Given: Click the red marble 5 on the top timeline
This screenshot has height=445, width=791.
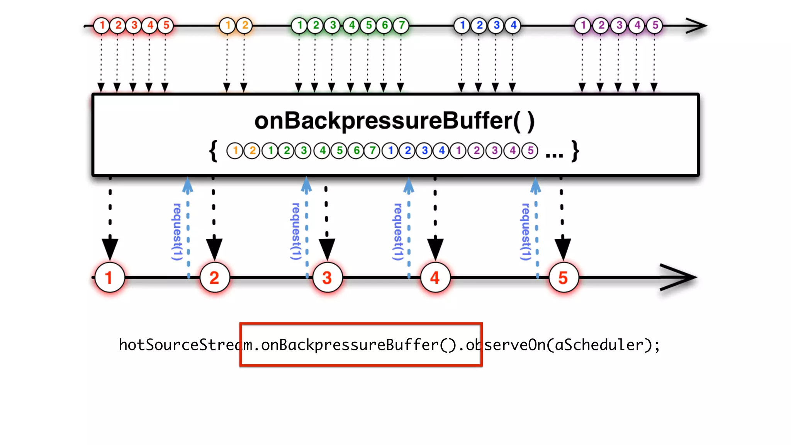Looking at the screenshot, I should pyautogui.click(x=166, y=25).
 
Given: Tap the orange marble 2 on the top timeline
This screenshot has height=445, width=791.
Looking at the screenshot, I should pyautogui.click(x=245, y=25).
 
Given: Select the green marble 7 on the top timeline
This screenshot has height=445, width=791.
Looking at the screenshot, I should pyautogui.click(x=402, y=25).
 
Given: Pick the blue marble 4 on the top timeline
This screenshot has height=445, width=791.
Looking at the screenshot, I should pyautogui.click(x=513, y=25).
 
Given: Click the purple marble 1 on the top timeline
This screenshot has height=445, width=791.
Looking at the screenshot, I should pyautogui.click(x=583, y=25).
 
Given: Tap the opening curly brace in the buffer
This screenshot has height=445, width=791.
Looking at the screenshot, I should pyautogui.click(x=213, y=151).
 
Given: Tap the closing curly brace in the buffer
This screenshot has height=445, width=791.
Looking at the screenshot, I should pyautogui.click(x=575, y=151).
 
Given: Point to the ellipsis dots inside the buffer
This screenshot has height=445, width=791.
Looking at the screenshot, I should pyautogui.click(x=554, y=155).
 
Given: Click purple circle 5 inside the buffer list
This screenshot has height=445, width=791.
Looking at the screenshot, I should pyautogui.click(x=530, y=150).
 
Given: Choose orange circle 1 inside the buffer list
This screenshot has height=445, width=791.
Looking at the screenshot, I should pyautogui.click(x=235, y=150).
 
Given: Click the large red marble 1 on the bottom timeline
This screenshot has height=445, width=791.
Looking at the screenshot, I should pyautogui.click(x=110, y=277).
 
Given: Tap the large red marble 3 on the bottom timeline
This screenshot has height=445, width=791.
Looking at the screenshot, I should pyautogui.click(x=327, y=277).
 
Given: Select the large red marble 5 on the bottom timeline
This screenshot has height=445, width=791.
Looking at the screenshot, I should pyautogui.click(x=563, y=277).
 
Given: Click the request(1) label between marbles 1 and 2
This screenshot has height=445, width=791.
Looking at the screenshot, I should pyautogui.click(x=177, y=232).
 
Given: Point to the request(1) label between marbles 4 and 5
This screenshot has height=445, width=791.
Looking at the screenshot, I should pyautogui.click(x=526, y=232).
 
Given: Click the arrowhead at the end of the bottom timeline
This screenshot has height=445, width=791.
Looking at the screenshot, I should pyautogui.click(x=684, y=277).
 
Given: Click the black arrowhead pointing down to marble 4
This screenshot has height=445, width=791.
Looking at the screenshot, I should pyautogui.click(x=435, y=249).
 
